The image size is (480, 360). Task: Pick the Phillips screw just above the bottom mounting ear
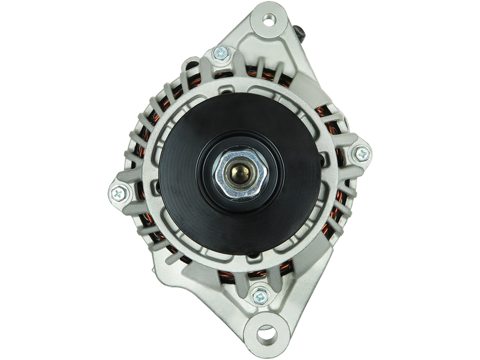tap(259, 294)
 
